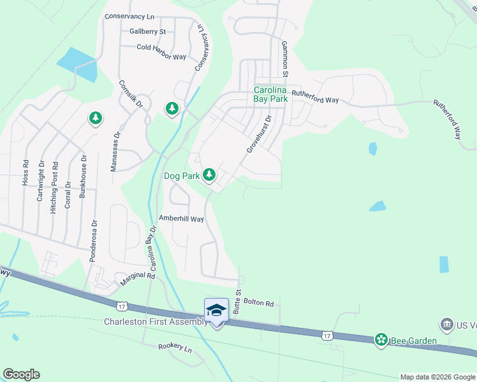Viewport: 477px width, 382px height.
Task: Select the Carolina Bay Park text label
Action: (x=271, y=94)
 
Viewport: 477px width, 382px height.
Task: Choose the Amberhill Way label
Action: (x=181, y=219)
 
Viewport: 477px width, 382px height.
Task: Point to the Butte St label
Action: (x=237, y=301)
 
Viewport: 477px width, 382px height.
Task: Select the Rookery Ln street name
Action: (x=175, y=348)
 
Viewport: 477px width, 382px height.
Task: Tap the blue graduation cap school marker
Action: (x=216, y=310)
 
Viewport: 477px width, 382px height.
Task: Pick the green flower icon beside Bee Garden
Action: (x=381, y=341)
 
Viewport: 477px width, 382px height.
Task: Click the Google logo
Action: (x=21, y=374)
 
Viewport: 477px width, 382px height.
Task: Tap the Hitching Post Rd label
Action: (x=54, y=194)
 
